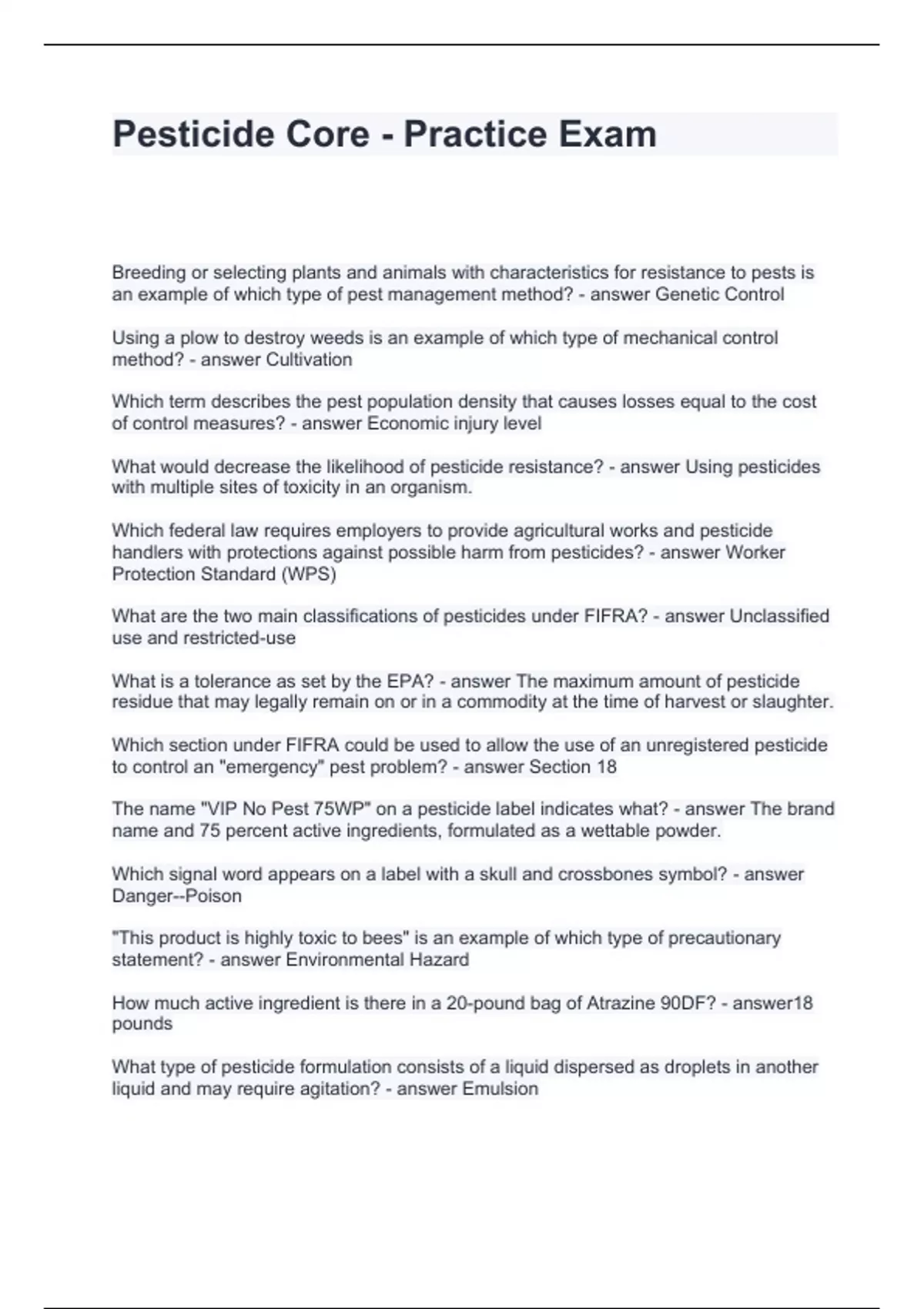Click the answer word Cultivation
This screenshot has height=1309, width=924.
coord(309,360)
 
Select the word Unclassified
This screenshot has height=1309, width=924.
coord(778,616)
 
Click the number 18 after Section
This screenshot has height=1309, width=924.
coord(605,767)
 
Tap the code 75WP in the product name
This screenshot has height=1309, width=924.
coord(339,809)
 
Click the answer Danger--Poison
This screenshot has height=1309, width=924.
coord(177,896)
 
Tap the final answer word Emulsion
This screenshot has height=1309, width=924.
coord(500,1089)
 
